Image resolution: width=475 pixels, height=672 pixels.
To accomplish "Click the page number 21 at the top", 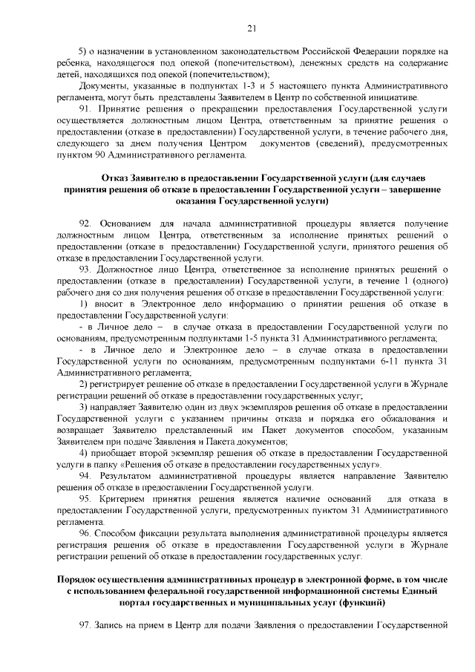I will (x=252, y=29).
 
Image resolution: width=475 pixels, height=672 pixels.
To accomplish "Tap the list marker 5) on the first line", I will (x=83, y=51).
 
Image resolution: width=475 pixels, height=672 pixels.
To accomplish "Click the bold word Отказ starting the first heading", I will (x=114, y=178).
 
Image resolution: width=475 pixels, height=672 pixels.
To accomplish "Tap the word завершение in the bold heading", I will (x=415, y=189).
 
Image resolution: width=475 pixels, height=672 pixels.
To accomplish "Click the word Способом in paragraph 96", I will (x=119, y=534).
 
